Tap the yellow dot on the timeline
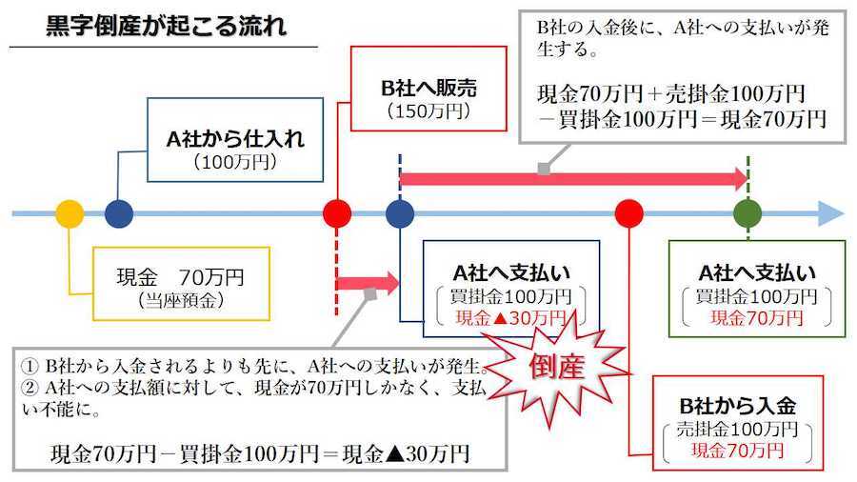click(70, 213)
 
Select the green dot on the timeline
click(748, 213)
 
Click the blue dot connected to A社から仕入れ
click(118, 213)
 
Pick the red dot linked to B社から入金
click(628, 213)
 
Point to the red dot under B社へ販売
click(337, 213)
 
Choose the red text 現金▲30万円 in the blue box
click(510, 317)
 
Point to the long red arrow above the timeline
click(571, 178)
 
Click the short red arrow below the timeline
click(368, 283)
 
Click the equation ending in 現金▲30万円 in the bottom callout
click(260, 453)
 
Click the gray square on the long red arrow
click(544, 169)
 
